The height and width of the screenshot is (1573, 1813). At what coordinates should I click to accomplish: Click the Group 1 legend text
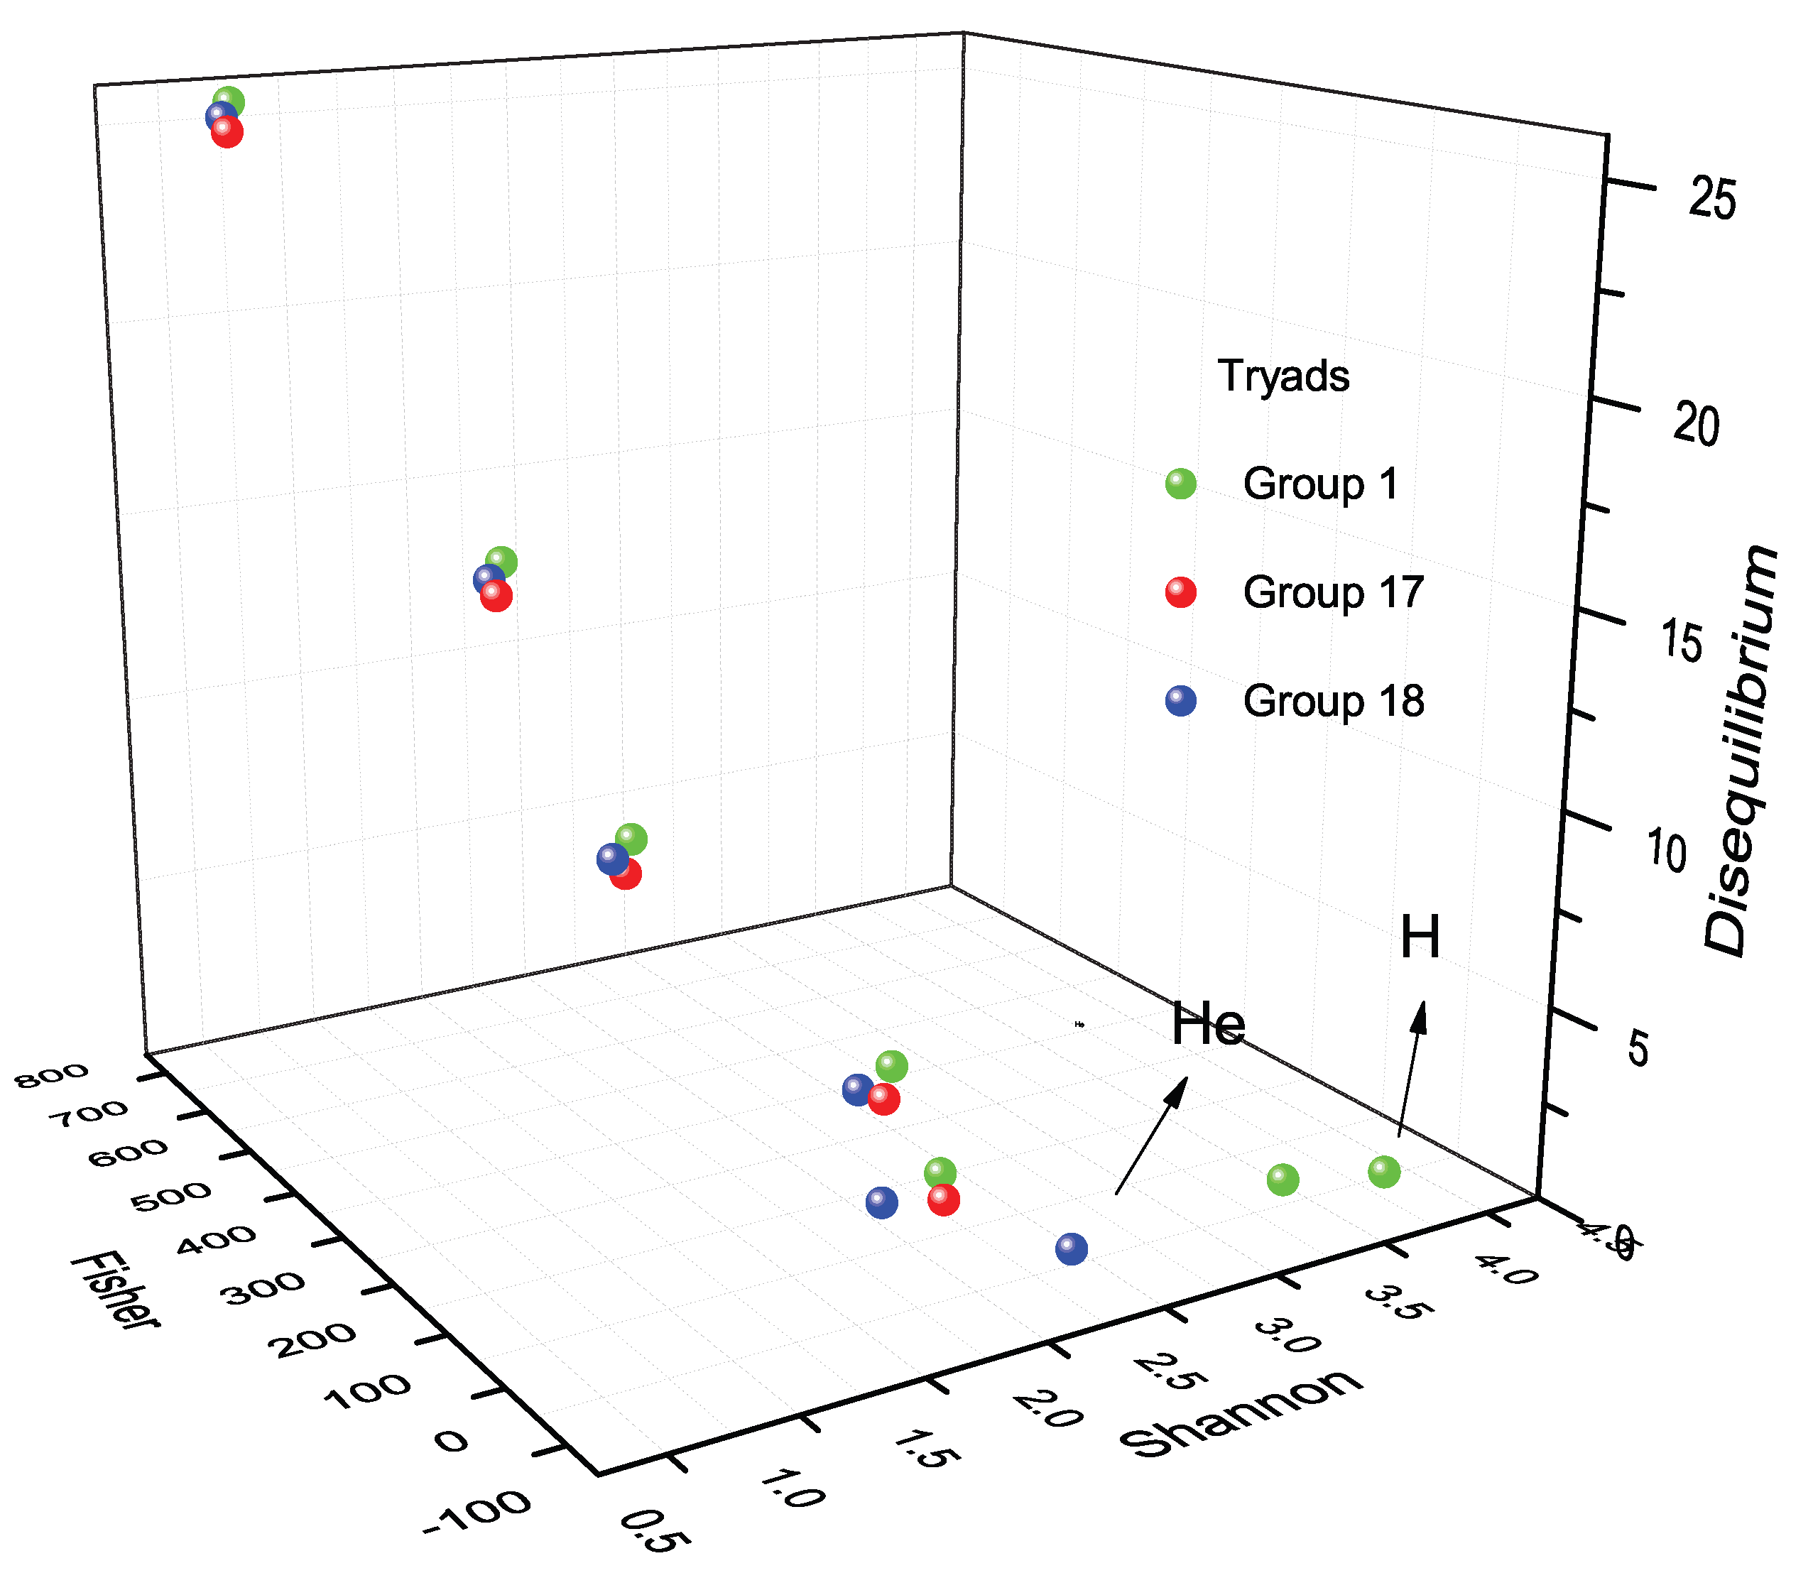click(x=1320, y=484)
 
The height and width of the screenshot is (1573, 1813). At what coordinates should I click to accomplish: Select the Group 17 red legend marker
click(x=1180, y=592)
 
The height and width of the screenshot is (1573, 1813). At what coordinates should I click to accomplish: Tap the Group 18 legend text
click(x=1333, y=702)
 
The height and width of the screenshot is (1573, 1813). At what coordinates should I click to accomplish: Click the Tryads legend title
click(x=1283, y=376)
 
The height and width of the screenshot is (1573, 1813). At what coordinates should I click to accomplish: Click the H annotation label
click(x=1419, y=937)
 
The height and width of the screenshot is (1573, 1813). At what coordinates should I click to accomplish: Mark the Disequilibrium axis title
click(x=1741, y=751)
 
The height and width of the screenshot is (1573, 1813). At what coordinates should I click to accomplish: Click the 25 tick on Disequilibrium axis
click(x=1712, y=200)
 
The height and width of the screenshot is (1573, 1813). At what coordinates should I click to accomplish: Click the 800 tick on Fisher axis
click(x=53, y=1076)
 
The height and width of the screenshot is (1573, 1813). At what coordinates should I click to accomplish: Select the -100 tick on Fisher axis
click(x=477, y=1513)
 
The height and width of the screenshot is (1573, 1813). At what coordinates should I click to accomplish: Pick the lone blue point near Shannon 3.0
click(x=1072, y=1248)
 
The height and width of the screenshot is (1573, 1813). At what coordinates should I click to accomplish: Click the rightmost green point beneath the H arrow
click(x=1384, y=1172)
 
